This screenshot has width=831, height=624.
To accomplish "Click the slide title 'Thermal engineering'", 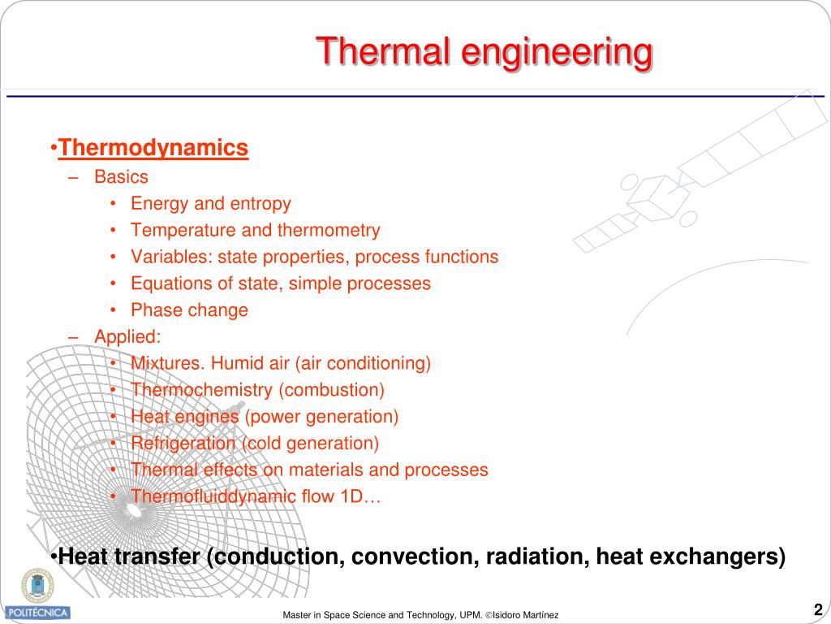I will [x=484, y=52].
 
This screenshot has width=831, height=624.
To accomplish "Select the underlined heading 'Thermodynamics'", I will [x=153, y=148].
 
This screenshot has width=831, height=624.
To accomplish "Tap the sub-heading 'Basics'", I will [x=121, y=176].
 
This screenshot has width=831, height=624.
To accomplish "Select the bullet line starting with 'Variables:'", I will [x=314, y=257].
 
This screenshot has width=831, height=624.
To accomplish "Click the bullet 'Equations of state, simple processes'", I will [x=281, y=284].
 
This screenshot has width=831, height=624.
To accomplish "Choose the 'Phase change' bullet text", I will [x=189, y=310].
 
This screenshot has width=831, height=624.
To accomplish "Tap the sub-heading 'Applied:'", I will [x=127, y=336].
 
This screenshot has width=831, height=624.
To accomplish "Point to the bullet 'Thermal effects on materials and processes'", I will [x=309, y=470].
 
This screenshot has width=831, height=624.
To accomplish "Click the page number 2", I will [x=818, y=610].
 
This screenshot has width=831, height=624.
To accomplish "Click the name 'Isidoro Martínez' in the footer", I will [x=524, y=616].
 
